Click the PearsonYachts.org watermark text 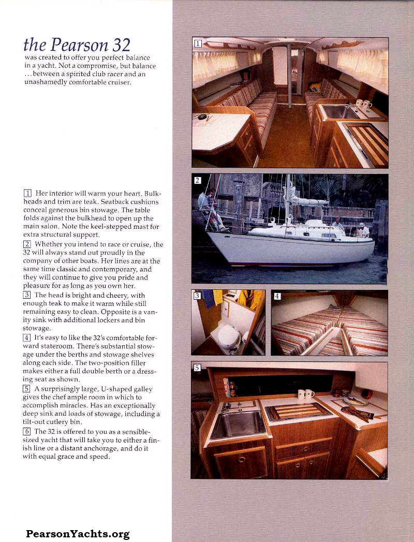tap(78, 534)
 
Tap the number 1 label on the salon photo tap(198, 43)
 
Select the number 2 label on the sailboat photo tap(198, 180)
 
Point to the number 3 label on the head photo tap(197, 296)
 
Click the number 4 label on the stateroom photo tap(277, 296)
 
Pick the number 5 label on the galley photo tap(197, 368)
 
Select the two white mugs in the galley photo tap(306, 394)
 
